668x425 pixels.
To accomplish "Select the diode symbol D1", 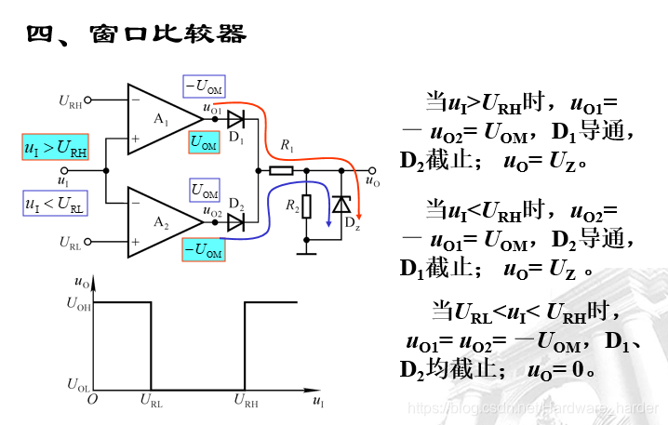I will click(235, 118).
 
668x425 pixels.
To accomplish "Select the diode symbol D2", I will click(235, 221).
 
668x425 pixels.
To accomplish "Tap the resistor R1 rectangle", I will click(281, 170).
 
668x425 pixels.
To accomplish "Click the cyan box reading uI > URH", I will click(56, 148).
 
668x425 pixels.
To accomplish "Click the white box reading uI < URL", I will click(56, 203).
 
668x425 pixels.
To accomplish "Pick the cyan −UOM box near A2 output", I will click(204, 250).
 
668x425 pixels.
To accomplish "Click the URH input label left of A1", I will click(71, 100).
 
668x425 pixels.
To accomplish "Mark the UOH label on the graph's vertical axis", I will click(78, 301).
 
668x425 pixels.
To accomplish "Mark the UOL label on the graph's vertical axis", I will click(78, 383).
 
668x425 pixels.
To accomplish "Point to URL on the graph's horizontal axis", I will click(151, 401).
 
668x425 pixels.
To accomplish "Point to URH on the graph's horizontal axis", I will click(246, 401).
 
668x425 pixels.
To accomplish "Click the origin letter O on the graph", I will click(91, 399).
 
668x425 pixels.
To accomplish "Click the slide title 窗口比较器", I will click(168, 34).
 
